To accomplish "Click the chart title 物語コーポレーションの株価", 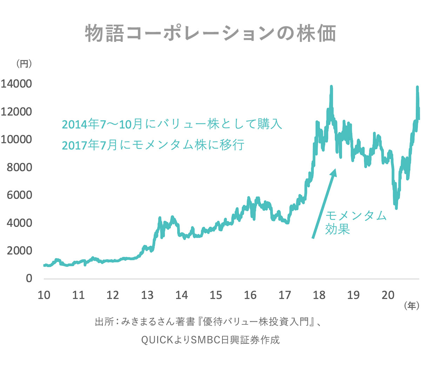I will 210,34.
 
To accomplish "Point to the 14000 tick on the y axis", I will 16,84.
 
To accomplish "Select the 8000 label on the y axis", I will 19,167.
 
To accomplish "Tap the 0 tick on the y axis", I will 29,278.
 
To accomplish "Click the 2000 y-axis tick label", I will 19,250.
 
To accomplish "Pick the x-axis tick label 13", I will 147,295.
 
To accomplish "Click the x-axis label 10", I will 44,295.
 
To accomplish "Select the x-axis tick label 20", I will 388,295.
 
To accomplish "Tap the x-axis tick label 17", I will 285,295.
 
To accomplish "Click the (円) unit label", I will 24,64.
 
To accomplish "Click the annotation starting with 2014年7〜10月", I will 172,124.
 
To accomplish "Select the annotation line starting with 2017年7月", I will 153,145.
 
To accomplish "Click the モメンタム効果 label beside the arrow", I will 355,222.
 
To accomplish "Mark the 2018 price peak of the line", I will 331,87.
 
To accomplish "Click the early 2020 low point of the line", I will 396,208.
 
